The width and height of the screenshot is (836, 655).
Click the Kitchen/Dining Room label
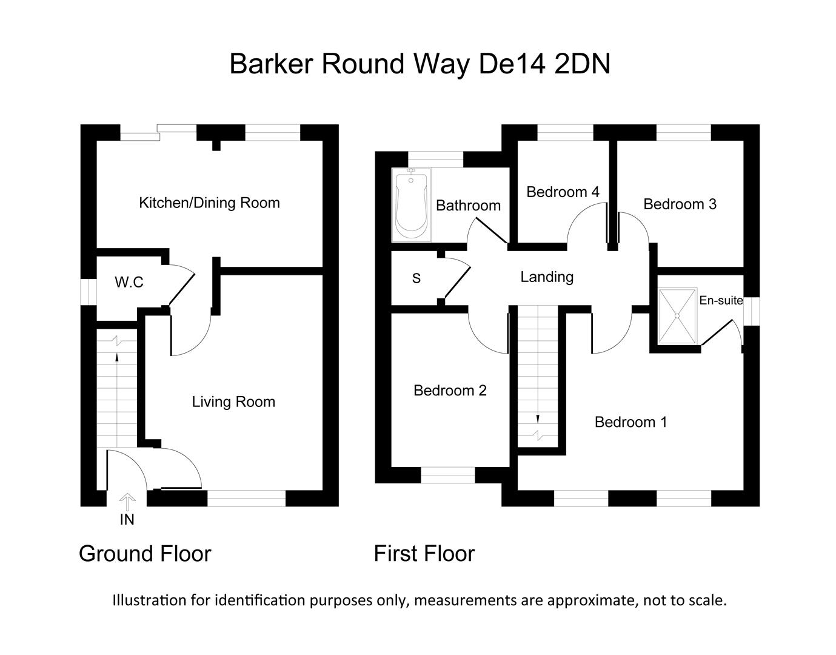click(209, 203)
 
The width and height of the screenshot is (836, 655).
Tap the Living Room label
click(233, 401)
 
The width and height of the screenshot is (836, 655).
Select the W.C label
click(129, 283)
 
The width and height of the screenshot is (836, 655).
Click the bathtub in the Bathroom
click(411, 206)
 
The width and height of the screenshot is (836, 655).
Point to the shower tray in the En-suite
click(678, 316)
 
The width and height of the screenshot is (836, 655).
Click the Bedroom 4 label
click(563, 192)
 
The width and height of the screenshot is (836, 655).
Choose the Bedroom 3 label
click(680, 204)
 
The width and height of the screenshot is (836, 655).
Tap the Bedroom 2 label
click(450, 391)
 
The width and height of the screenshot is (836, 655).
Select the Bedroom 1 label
click(631, 422)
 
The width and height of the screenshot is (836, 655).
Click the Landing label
click(547, 277)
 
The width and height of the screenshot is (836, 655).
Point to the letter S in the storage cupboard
click(416, 278)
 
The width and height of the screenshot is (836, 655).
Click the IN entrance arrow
click(127, 503)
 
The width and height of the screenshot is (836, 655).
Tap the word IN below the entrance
click(127, 520)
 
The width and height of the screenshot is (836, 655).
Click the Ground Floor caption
click(145, 554)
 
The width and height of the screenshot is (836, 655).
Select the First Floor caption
click(424, 554)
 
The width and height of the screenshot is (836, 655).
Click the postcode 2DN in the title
click(583, 64)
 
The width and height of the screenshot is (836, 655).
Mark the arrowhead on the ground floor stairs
click(117, 357)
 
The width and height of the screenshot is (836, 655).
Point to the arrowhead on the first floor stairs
click(538, 420)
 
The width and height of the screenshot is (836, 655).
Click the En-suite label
click(721, 300)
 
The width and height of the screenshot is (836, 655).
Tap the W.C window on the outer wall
click(89, 292)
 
